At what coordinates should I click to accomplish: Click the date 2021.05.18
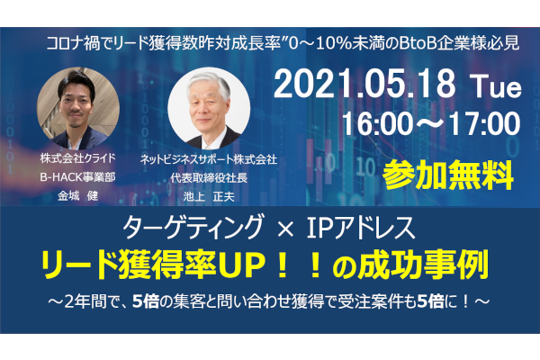point(364,84)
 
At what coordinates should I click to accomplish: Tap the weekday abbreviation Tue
point(496,86)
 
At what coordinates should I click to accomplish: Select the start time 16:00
point(377,123)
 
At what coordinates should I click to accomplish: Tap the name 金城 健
point(77,195)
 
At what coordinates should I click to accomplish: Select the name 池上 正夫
point(209,196)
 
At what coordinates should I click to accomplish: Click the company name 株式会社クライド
point(77,158)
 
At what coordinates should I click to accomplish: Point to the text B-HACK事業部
point(77,176)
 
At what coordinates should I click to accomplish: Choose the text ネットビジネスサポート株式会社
point(209,159)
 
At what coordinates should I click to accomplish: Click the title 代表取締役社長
point(209,178)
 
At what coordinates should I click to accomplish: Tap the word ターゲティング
point(193,227)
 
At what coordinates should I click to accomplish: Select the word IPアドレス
point(361,227)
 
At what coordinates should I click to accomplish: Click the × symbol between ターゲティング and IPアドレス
point(285,229)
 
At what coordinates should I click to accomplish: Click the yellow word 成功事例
point(423,265)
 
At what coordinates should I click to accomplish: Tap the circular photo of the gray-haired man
point(209,108)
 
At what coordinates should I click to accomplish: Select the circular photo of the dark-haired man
point(78,108)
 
